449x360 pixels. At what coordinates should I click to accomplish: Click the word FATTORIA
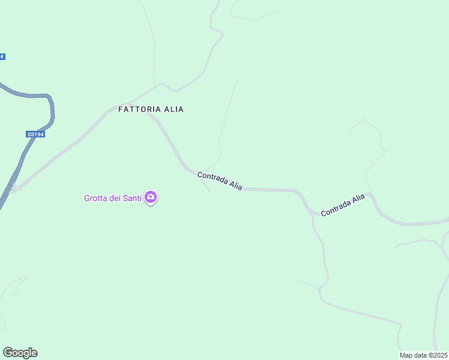(139, 109)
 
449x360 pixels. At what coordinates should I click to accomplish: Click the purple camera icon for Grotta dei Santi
(151, 197)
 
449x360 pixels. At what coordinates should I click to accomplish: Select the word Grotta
(96, 197)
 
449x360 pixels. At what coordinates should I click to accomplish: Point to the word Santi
(131, 197)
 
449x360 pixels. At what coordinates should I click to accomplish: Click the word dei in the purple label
(114, 197)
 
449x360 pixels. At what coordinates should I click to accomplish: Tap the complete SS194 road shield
(35, 134)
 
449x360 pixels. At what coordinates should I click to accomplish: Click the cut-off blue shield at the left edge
(2, 56)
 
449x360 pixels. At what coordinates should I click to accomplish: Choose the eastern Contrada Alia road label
(343, 205)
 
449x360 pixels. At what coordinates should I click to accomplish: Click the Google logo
(20, 353)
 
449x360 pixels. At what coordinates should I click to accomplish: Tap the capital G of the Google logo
(7, 352)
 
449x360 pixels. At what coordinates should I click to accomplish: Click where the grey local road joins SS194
(13, 188)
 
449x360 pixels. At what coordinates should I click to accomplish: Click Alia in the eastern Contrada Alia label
(358, 199)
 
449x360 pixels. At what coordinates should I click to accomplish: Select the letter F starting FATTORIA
(121, 109)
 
